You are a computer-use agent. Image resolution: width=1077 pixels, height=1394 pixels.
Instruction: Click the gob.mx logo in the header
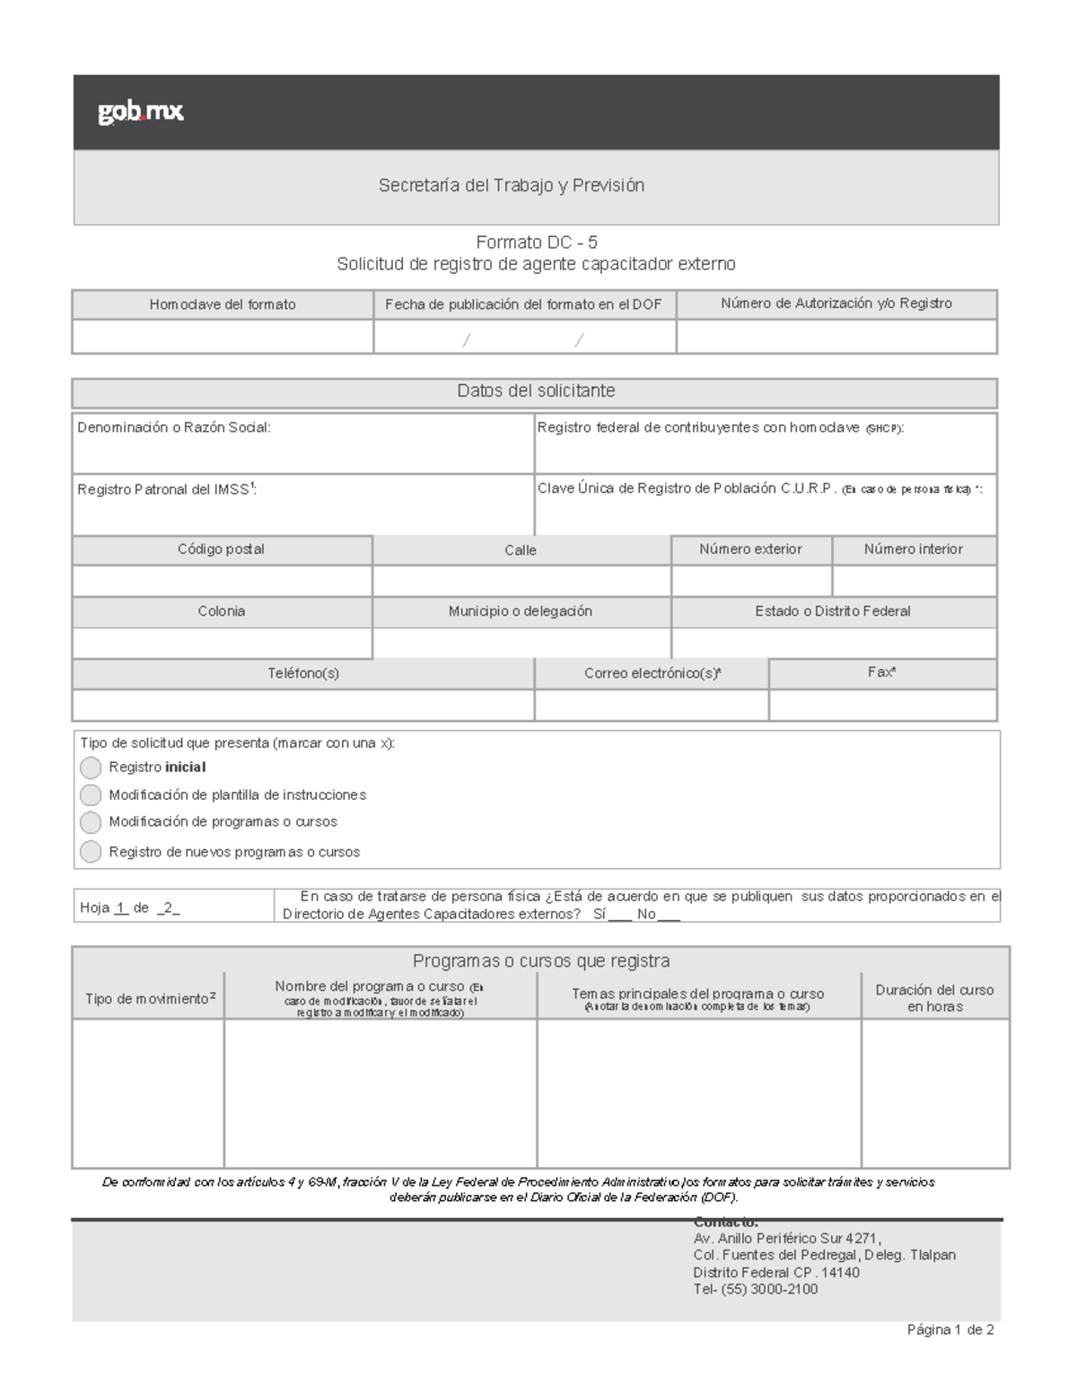pos(141,112)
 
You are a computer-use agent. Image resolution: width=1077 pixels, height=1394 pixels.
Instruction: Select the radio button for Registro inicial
pos(91,767)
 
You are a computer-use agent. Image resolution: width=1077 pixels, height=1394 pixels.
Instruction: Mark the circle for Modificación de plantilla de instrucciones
pos(91,795)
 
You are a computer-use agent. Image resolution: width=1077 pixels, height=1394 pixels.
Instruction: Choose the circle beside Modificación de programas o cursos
pos(91,822)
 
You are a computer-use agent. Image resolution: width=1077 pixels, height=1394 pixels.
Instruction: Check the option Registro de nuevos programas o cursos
pos(91,852)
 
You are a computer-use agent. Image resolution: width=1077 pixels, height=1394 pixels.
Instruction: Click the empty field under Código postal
pos(222,581)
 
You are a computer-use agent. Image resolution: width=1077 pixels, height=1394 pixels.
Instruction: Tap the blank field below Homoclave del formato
pos(223,337)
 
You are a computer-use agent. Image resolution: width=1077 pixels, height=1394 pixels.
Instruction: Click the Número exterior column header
pos(750,549)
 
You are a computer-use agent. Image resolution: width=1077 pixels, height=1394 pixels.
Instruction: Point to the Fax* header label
pos(881,672)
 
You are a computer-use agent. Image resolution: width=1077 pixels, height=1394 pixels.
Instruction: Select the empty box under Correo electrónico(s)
pos(652,705)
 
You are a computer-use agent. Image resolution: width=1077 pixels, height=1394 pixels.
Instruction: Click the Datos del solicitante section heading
pos(536,391)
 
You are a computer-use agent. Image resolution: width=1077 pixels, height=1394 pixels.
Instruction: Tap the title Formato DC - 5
pos(536,242)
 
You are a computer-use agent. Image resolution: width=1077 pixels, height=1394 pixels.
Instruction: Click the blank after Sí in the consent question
pos(620,915)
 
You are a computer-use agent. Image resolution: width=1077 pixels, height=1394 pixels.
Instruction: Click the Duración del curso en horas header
pos(934,998)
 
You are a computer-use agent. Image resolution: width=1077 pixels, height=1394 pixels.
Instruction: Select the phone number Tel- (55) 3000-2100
pos(755,1290)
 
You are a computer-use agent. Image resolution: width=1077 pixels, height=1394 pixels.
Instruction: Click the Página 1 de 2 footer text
pos(950,1330)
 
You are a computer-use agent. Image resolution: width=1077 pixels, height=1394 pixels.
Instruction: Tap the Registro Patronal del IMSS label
pos(167,489)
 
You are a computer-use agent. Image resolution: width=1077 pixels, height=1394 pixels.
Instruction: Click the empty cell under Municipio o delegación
pos(521,643)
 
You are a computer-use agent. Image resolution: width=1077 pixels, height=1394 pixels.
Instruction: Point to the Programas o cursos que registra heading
pos(540,961)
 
